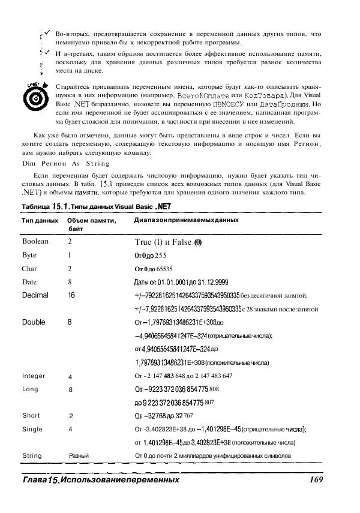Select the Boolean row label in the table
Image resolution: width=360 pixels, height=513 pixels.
pos(35,241)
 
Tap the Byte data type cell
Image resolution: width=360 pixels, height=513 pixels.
pos(29,255)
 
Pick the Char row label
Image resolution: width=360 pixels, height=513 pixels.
pos(29,269)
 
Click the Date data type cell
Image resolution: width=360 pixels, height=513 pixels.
pos(29,282)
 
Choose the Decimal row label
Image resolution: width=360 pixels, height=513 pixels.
pos(35,295)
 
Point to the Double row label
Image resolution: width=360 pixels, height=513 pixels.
pos(34,322)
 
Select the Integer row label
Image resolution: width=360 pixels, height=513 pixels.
pos(34,376)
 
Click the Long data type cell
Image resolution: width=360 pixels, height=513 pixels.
pos(30,389)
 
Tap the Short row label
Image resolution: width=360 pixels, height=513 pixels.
pos(31,416)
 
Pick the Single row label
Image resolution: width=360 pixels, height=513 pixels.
pos(32,429)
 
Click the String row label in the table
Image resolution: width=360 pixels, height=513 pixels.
pos(32,456)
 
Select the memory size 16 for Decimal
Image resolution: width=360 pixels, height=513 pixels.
pos(71,295)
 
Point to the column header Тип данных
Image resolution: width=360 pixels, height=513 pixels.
pos(40,221)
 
